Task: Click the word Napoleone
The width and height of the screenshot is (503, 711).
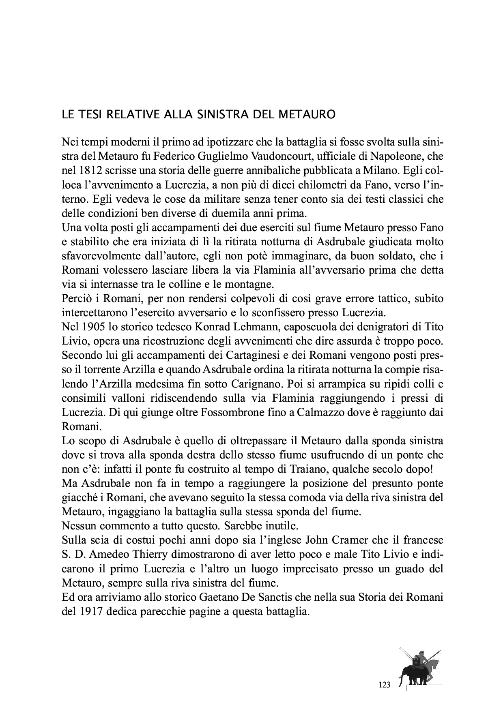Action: (402, 156)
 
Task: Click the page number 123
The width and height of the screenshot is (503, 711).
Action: (384, 685)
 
